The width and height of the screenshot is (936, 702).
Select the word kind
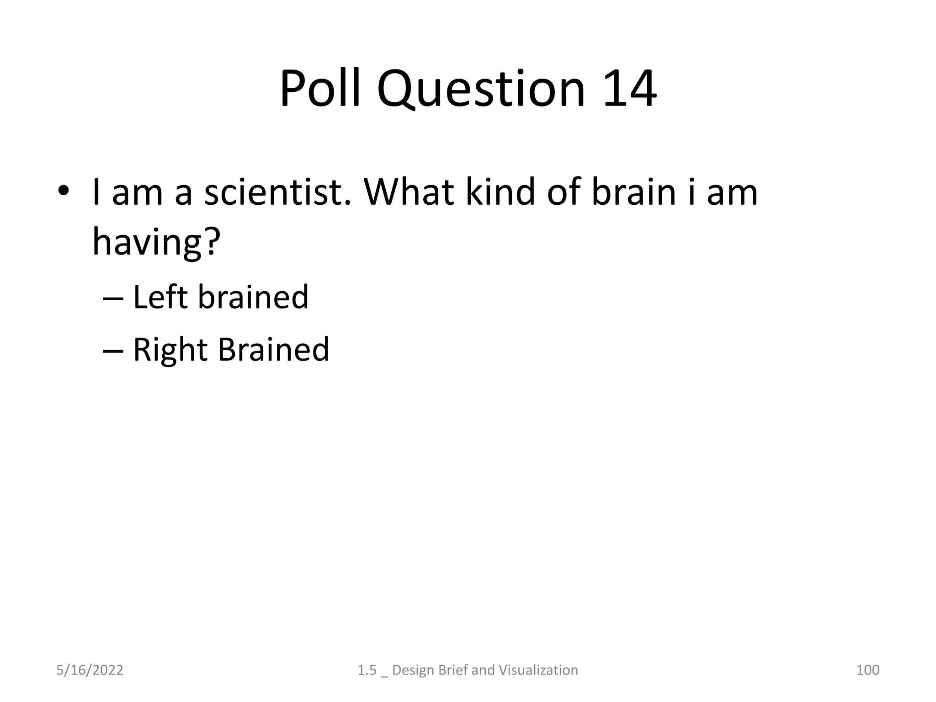click(x=500, y=192)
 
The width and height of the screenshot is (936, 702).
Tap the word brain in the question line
click(x=633, y=192)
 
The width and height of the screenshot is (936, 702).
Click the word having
click(x=146, y=242)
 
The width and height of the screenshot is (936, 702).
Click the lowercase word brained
click(x=254, y=297)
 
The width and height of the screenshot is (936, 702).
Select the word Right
click(x=170, y=350)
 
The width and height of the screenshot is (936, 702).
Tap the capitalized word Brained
click(x=273, y=350)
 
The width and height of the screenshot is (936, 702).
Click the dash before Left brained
click(x=113, y=298)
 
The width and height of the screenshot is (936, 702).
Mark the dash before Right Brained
click(x=113, y=351)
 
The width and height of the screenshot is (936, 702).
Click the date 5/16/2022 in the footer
click(x=90, y=670)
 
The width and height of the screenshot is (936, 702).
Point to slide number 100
click(x=867, y=670)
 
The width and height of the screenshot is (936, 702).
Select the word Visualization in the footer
click(x=538, y=670)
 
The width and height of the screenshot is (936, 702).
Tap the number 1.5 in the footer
click(x=367, y=670)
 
